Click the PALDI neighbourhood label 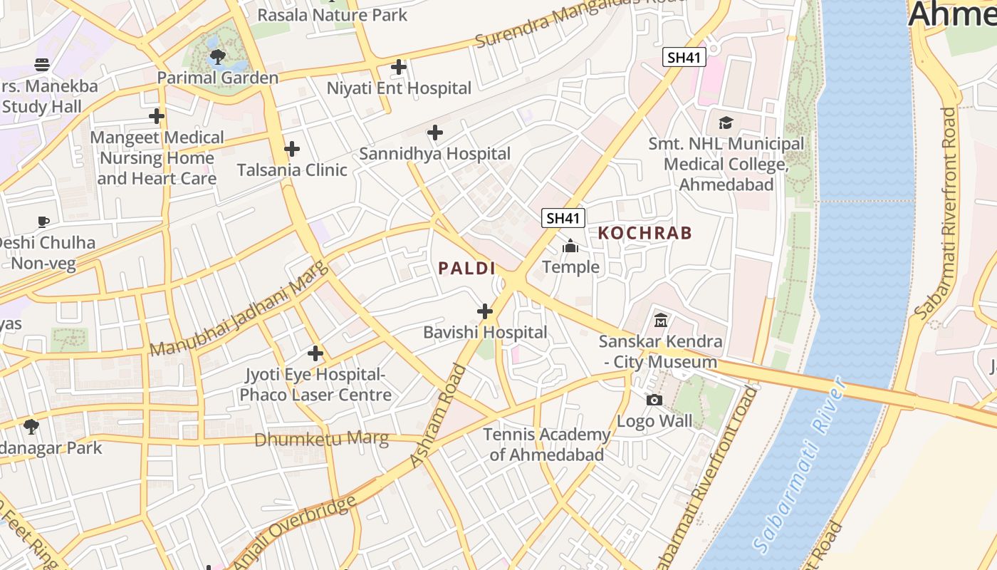[466, 269]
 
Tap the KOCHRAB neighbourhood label [644, 233]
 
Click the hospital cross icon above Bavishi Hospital [485, 311]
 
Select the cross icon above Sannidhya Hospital [434, 133]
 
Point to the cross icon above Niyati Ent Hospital [399, 68]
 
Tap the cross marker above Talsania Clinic [291, 149]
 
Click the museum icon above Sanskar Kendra [660, 321]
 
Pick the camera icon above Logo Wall [654, 400]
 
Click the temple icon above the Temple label [570, 247]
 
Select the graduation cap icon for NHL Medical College [726, 123]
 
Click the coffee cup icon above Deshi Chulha [43, 222]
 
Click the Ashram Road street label [438, 417]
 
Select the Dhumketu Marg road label [321, 439]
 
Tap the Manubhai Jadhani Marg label [240, 310]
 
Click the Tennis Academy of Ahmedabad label [546, 444]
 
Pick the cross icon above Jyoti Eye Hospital [315, 353]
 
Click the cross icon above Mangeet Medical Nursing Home [157, 116]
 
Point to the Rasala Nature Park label [332, 14]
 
